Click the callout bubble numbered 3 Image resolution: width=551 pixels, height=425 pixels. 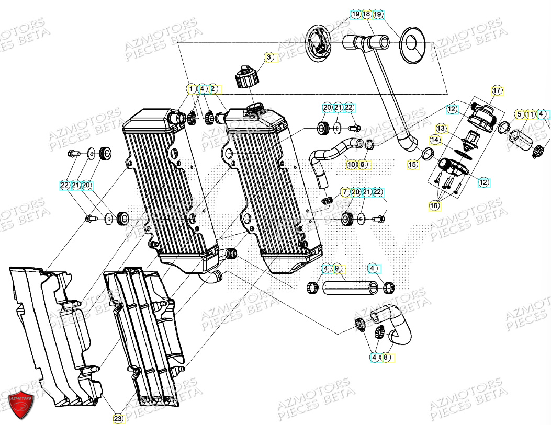coord(268,57)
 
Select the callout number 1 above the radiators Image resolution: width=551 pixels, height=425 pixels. coord(192,89)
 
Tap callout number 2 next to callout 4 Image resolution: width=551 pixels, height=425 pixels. coord(212,89)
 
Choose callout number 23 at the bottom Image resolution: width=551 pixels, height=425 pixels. coord(118,418)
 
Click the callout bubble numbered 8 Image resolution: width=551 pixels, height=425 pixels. coord(386,358)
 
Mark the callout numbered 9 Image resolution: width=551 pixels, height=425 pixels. coord(337,269)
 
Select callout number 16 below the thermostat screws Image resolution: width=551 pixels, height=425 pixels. coord(434,206)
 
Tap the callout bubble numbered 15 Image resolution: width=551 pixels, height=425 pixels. coord(413,165)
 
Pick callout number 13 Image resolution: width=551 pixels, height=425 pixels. coord(441,128)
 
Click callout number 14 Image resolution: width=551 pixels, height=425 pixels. coord(434,140)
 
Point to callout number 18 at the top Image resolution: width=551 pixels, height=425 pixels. coord(366,14)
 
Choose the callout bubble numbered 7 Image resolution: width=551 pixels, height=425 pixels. coord(345,192)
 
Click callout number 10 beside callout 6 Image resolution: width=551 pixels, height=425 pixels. coord(352,165)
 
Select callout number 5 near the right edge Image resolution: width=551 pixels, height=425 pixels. coord(519,114)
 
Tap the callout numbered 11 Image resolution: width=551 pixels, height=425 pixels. coord(530,114)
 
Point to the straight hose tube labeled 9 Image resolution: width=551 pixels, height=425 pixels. coord(350,288)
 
